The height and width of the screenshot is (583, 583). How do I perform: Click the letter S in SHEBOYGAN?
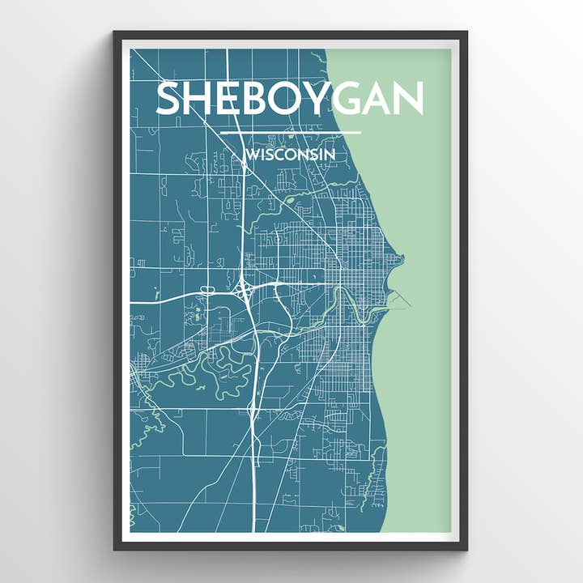(x=170, y=99)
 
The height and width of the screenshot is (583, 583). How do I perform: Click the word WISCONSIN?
(x=290, y=154)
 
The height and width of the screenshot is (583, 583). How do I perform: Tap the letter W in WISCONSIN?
(x=252, y=154)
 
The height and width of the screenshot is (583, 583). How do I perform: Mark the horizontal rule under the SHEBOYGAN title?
(x=290, y=133)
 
